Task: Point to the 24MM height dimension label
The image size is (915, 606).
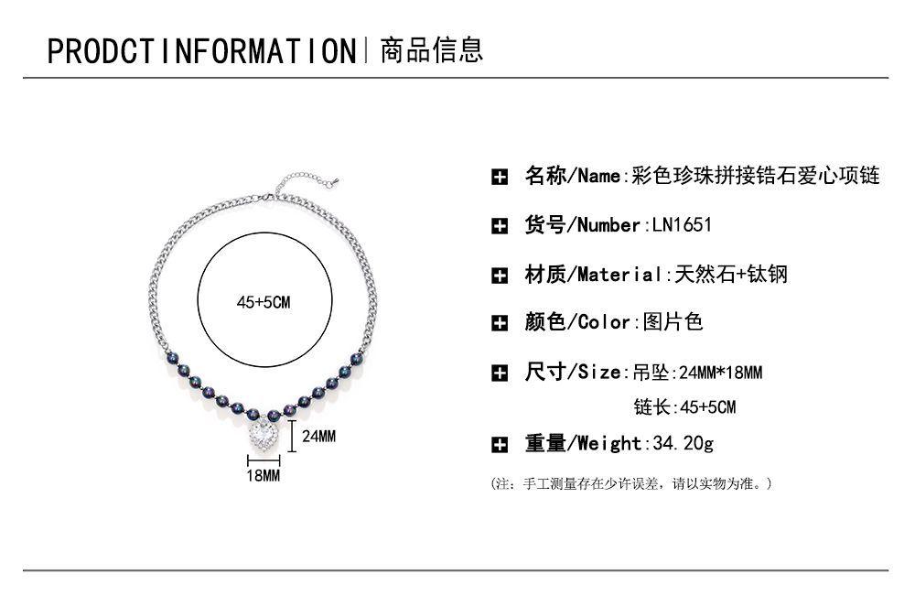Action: pyautogui.click(x=318, y=437)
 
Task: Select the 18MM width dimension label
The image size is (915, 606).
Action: pyautogui.click(x=263, y=476)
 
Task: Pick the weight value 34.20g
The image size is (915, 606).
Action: pyautogui.click(x=683, y=444)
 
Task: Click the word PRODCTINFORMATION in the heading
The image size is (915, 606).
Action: pyautogui.click(x=200, y=50)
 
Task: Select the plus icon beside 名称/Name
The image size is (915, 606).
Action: pyautogui.click(x=500, y=178)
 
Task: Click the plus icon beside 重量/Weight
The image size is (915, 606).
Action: pyautogui.click(x=500, y=445)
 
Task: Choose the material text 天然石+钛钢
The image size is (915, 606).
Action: pyautogui.click(x=731, y=274)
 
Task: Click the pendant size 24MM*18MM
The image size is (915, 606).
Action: pyautogui.click(x=716, y=373)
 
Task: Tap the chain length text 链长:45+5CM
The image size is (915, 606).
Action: pyautogui.click(x=684, y=406)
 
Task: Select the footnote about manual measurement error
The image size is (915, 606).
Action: pyautogui.click(x=632, y=482)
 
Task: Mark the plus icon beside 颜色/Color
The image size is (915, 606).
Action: pyautogui.click(x=500, y=323)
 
